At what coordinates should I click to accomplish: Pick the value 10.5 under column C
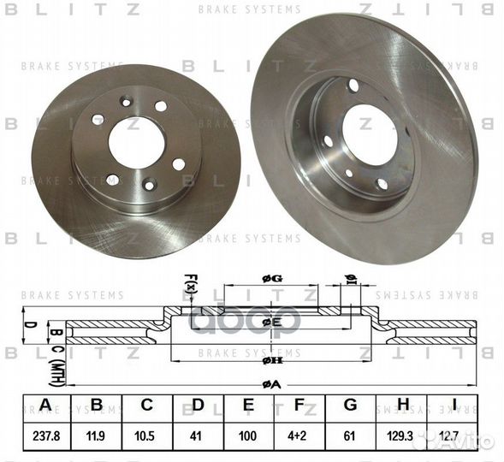(x=147, y=435)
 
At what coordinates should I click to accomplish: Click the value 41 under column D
(x=198, y=435)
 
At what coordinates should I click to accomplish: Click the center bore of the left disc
(x=136, y=142)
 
